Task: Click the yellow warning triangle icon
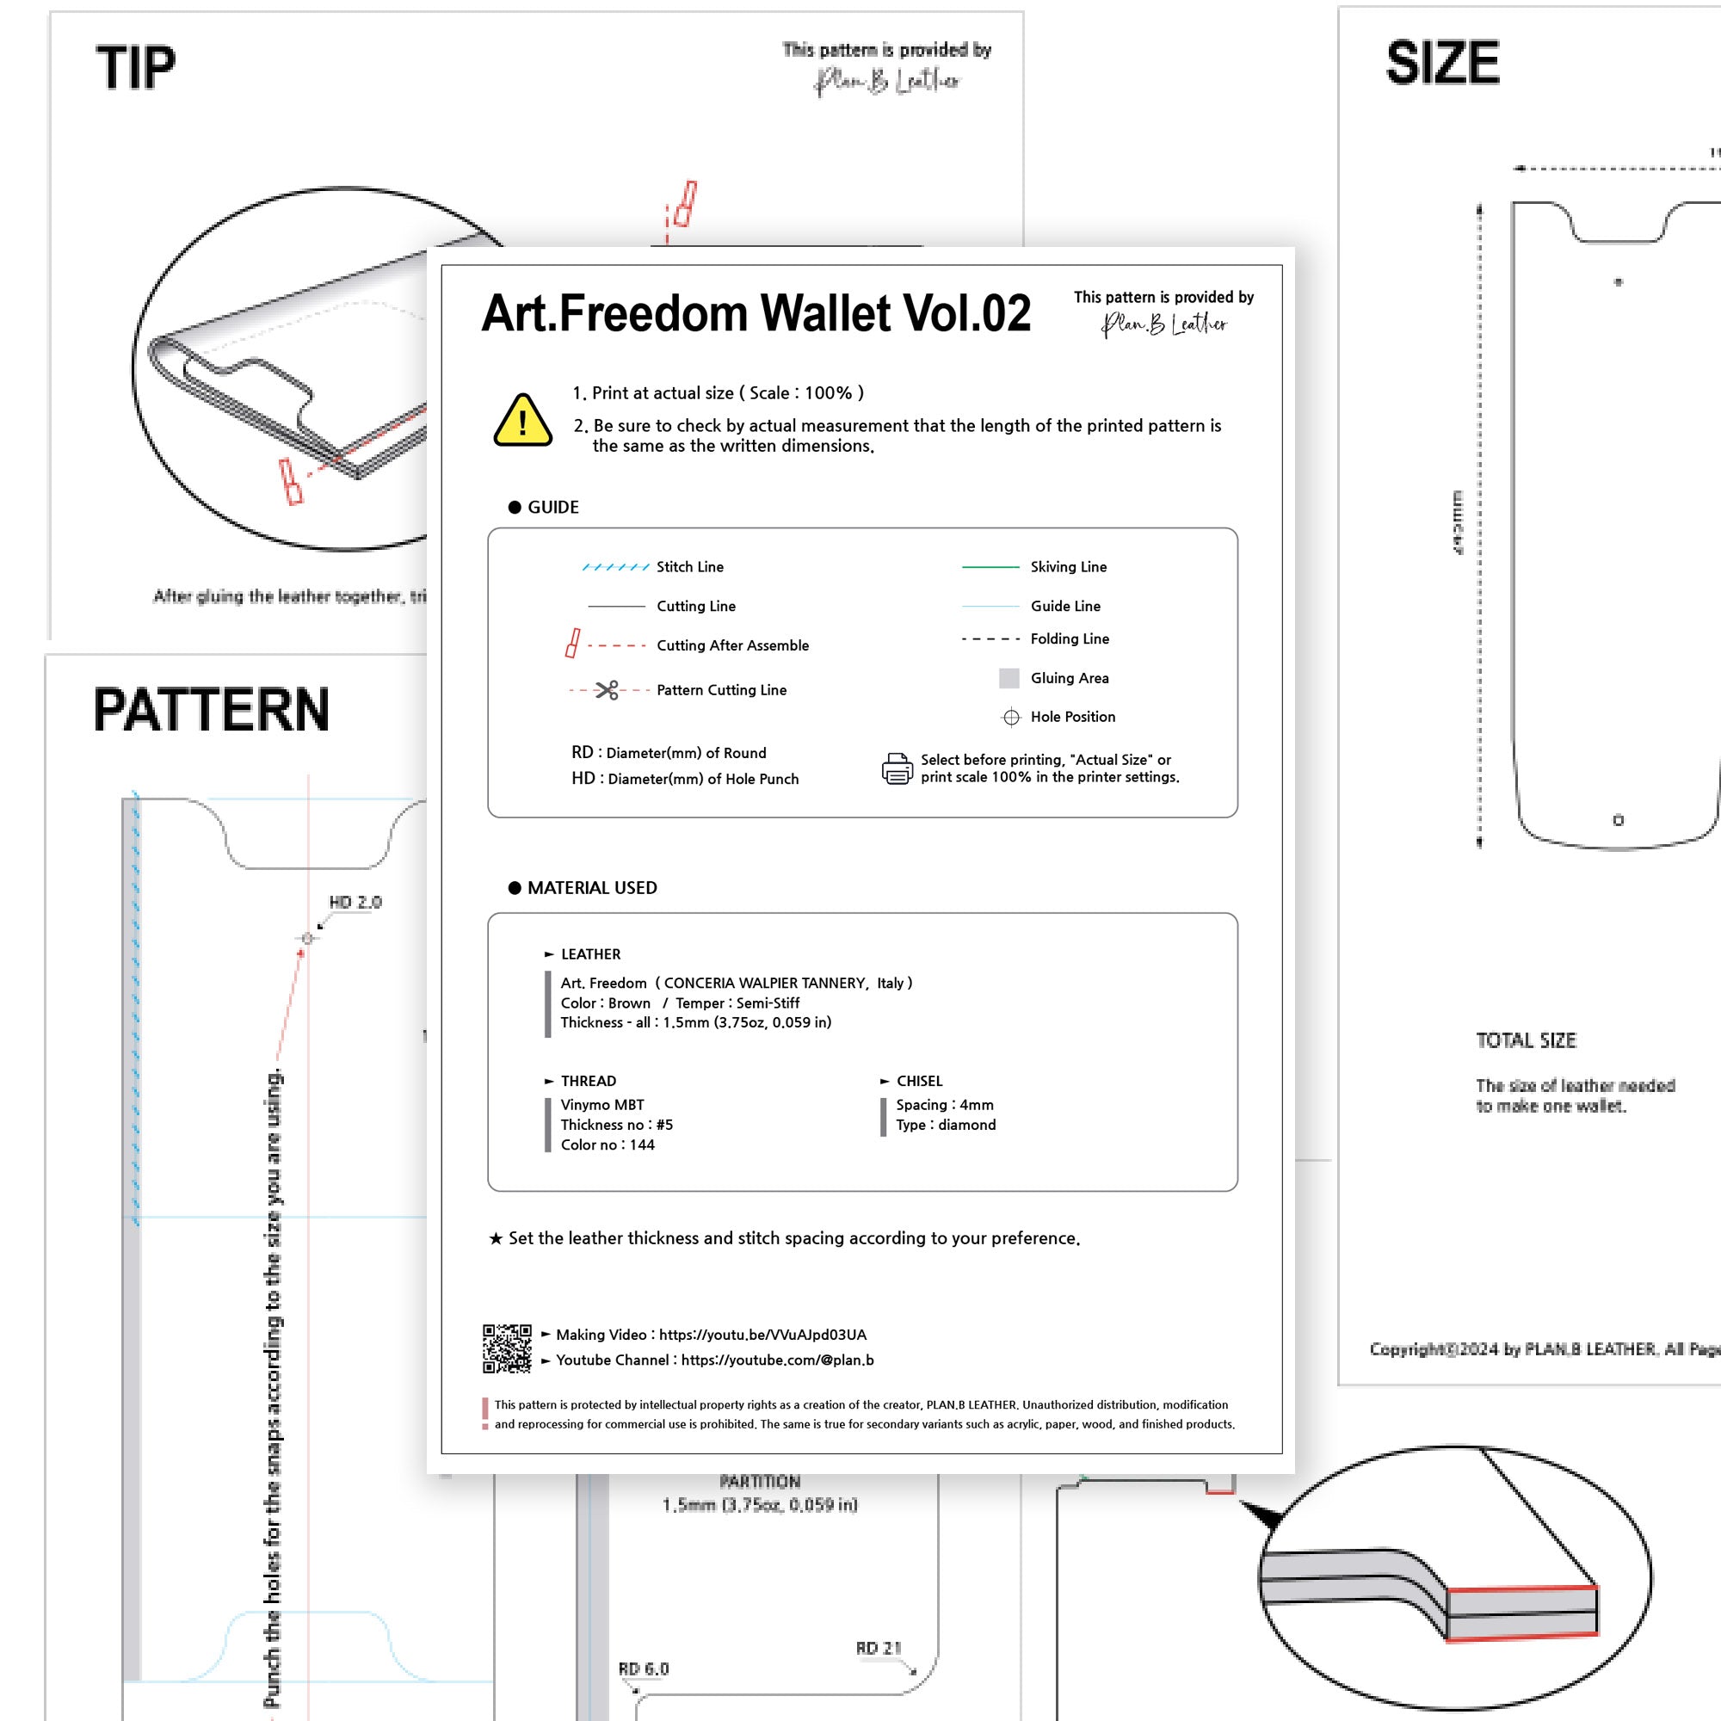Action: coord(522,421)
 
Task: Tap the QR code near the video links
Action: coord(507,1348)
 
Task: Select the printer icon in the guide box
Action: coord(897,768)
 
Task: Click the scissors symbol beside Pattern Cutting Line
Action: coord(607,690)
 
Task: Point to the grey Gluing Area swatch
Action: coord(1009,678)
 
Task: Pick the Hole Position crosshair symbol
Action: coord(1011,717)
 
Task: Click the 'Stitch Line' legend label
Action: coord(689,566)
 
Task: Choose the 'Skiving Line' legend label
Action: coord(1068,566)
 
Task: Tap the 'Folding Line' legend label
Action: coord(1069,638)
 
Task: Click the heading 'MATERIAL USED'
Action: coord(591,887)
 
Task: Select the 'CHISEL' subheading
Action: coord(918,1081)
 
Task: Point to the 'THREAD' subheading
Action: coord(588,1081)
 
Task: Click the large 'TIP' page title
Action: coord(135,68)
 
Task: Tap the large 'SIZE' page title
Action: coord(1442,62)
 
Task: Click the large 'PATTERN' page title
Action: coord(211,710)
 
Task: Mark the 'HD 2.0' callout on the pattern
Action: coord(355,903)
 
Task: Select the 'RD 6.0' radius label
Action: coord(643,1669)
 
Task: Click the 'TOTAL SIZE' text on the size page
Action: coord(1526,1040)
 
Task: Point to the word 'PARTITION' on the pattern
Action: coord(760,1482)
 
